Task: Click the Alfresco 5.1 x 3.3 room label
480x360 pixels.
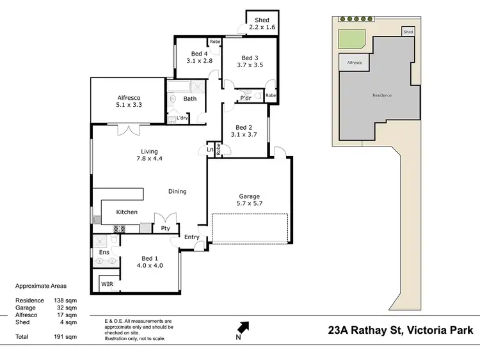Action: coord(128,100)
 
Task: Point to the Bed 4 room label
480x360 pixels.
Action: coord(199,57)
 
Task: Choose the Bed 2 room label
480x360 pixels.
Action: coord(244,130)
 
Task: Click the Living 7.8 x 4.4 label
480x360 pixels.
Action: coord(148,155)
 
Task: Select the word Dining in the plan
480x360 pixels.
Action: coord(177,191)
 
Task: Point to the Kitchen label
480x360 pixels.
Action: coord(127,212)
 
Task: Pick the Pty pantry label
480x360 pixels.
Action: coord(165,228)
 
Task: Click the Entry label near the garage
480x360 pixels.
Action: coord(192,237)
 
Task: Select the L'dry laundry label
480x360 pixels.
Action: coord(182,118)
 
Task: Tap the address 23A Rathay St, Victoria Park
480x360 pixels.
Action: coord(401,331)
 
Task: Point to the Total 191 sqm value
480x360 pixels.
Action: coord(67,336)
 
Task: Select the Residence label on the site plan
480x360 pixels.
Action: coord(381,95)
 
